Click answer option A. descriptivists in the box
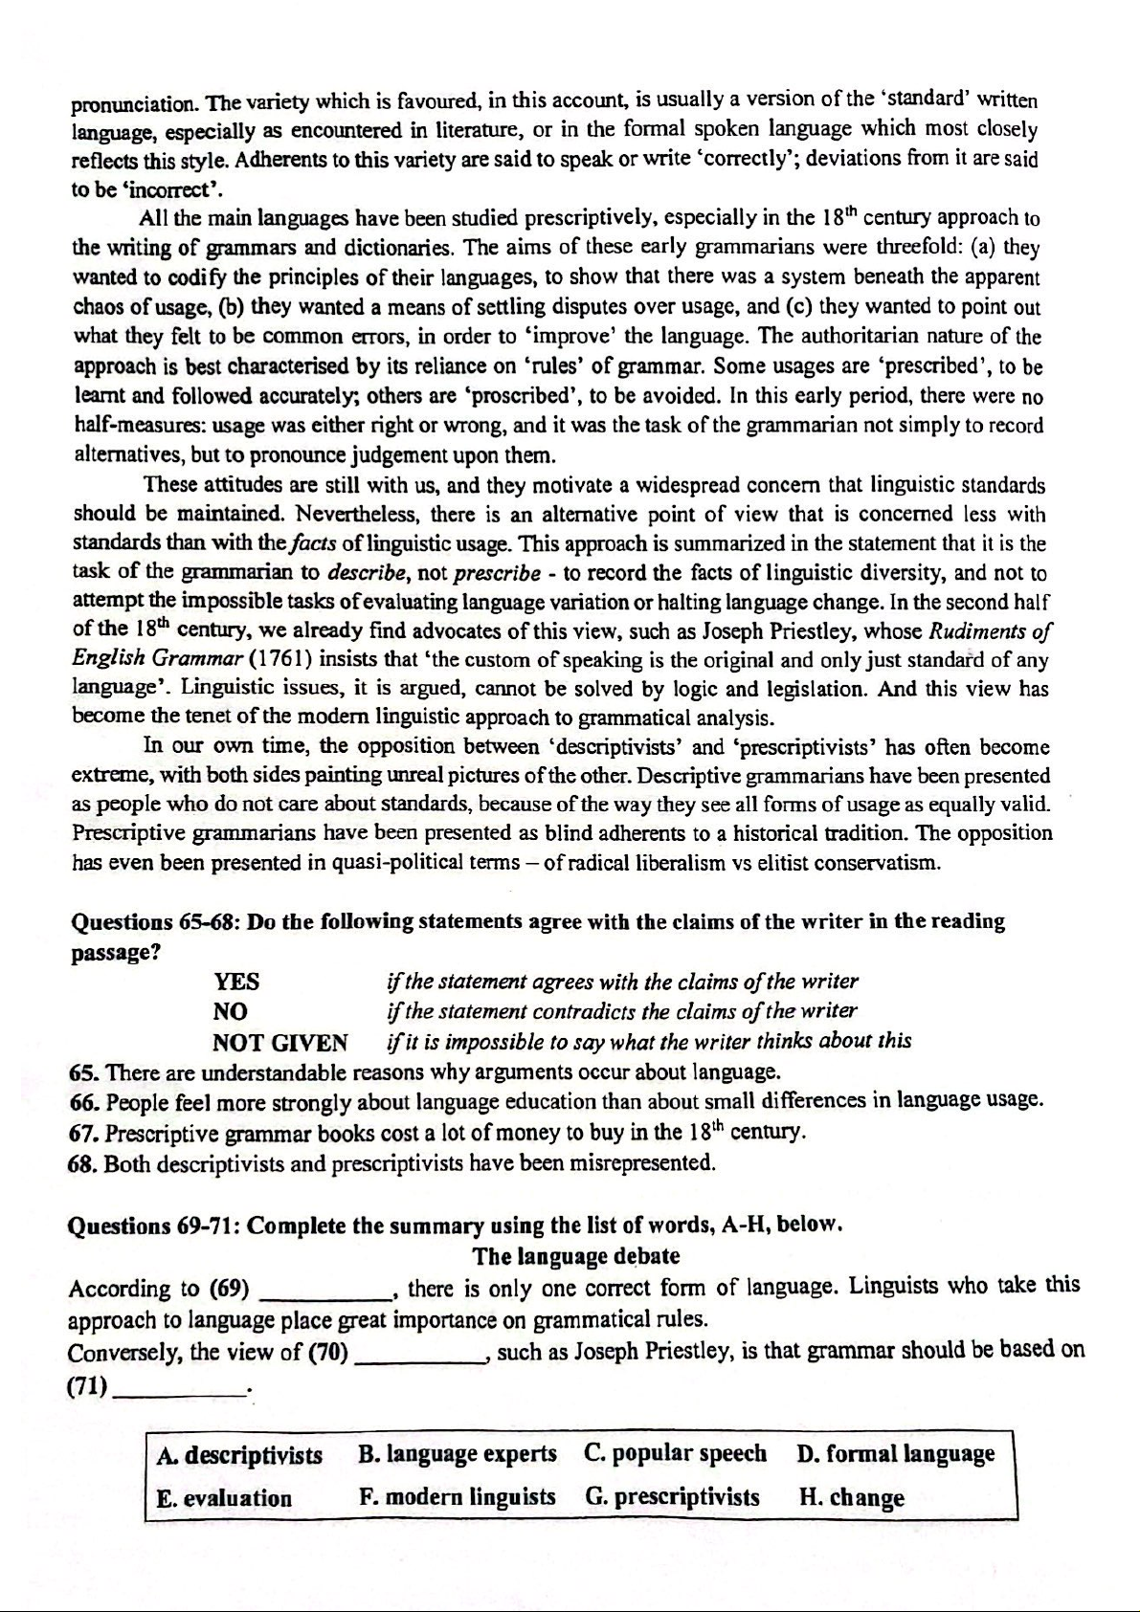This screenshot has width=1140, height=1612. click(x=239, y=1455)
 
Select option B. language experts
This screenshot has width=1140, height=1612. click(x=458, y=1454)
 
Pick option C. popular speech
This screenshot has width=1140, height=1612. click(x=675, y=1453)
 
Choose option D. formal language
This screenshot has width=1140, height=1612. click(x=895, y=1453)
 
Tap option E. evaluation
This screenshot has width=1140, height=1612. click(x=224, y=1498)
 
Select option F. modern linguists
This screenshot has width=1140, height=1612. click(x=458, y=1497)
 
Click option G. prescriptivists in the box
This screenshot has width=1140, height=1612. click(x=673, y=1497)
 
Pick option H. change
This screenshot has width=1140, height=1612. click(x=851, y=1497)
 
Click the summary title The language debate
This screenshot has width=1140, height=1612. click(x=576, y=1255)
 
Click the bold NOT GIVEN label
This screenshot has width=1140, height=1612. click(x=279, y=1042)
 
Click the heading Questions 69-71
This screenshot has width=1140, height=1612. click(x=153, y=1226)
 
